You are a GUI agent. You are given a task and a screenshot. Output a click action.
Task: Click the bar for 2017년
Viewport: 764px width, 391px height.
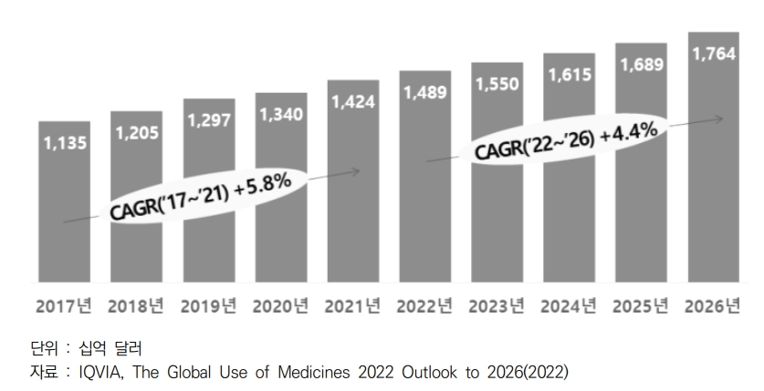tap(64, 237)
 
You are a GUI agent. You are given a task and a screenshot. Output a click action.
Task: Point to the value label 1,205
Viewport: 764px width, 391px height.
tap(137, 133)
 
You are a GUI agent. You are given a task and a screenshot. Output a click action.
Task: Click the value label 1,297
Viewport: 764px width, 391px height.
tap(209, 120)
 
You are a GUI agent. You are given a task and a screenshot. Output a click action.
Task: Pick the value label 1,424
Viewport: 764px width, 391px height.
tap(353, 101)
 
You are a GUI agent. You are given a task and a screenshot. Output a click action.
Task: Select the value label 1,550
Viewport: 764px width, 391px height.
tap(497, 84)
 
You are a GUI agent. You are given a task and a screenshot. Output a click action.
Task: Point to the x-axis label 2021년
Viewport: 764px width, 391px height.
tap(352, 306)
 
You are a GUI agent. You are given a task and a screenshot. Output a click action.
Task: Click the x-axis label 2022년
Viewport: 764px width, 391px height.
tap(424, 306)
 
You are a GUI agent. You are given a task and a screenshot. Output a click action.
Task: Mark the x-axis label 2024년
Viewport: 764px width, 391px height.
tap(570, 306)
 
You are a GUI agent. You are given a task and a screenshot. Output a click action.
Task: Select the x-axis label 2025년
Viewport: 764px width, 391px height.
tap(642, 306)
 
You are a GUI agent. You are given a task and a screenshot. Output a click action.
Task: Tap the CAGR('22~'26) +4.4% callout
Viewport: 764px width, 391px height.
tap(566, 141)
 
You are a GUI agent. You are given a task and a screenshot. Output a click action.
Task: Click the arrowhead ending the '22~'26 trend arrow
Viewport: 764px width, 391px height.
tap(722, 118)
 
